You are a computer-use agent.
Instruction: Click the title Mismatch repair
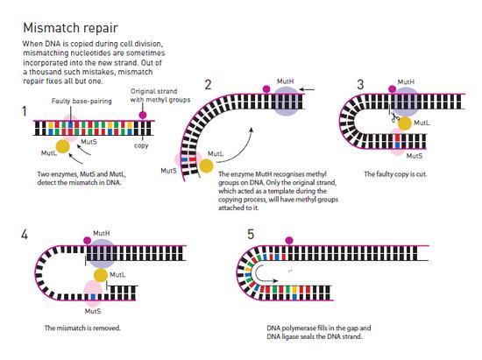pos(70,28)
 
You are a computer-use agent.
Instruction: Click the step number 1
pos(25,111)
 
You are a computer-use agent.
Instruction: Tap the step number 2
pos(208,84)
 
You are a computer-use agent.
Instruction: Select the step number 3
pos(360,84)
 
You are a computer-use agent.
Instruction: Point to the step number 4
pos(25,235)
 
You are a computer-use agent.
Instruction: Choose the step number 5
pos(251,235)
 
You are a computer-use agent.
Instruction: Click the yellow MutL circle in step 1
pos(63,146)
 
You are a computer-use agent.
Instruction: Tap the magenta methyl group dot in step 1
pos(142,116)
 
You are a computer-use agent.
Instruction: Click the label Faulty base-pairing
pos(82,101)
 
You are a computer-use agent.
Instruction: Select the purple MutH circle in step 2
pos(286,101)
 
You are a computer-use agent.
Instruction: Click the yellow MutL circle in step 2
pos(206,166)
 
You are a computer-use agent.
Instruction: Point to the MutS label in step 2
pos(169,171)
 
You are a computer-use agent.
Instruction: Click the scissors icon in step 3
pos(394,117)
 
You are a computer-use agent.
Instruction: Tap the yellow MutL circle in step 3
pos(405,124)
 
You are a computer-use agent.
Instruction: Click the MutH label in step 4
pos(102,233)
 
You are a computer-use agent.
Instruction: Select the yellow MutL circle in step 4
pos(101,275)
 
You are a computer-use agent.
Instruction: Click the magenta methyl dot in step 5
pos(289,240)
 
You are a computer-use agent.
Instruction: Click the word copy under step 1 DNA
pos(141,145)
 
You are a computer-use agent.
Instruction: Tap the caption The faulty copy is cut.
pos(395,174)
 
